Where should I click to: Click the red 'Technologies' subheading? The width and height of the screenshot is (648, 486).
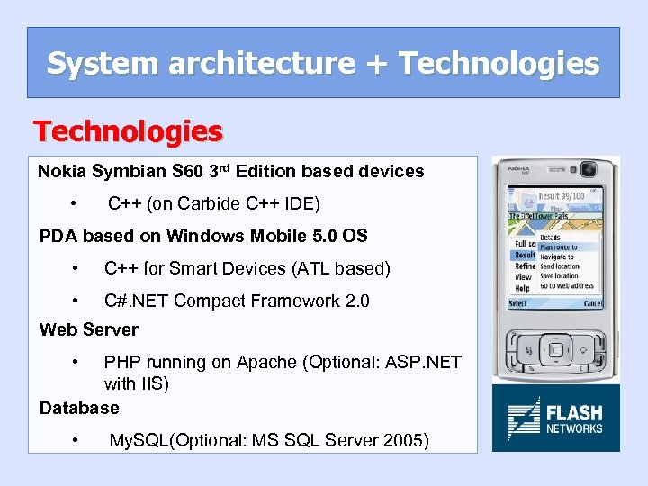tap(129, 132)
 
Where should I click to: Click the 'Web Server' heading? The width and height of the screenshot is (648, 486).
tap(89, 329)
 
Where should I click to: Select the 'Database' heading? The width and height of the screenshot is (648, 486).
tap(79, 408)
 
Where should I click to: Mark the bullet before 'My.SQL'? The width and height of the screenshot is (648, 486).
tap(79, 440)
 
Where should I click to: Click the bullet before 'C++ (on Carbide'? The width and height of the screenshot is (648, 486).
tap(79, 203)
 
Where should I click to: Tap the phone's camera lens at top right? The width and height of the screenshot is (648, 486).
tap(589, 169)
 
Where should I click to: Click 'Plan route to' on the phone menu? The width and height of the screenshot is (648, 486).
tap(558, 247)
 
